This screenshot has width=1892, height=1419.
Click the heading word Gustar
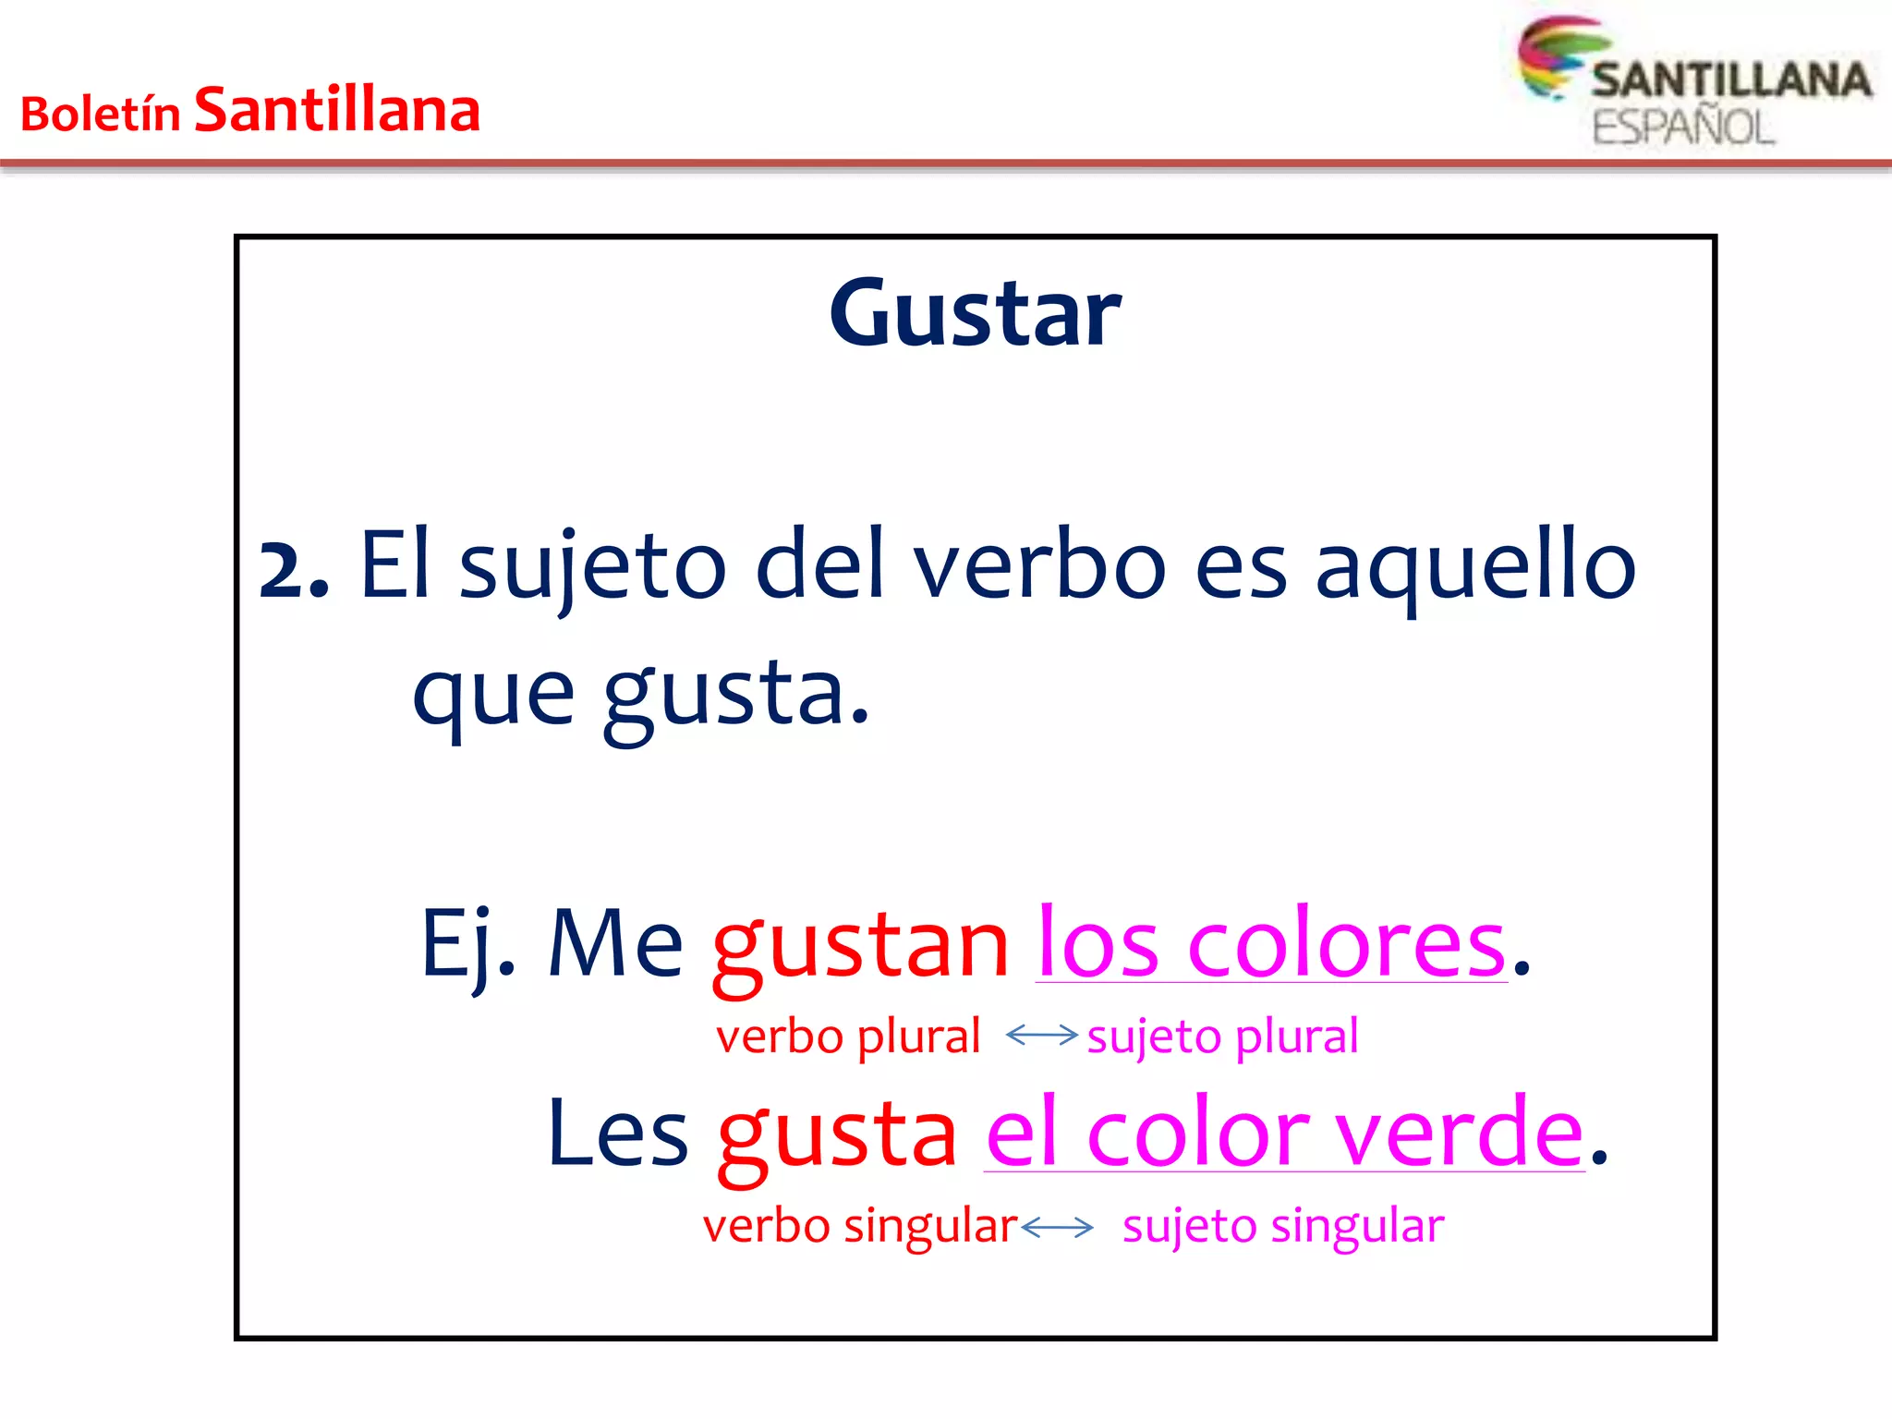tap(975, 314)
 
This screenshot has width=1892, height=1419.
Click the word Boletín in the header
tap(100, 115)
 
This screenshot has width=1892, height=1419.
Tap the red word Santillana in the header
tap(337, 111)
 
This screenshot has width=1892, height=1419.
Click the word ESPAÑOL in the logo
tap(1683, 127)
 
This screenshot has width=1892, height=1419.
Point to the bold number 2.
tap(294, 570)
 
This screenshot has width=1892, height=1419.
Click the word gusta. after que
tap(736, 695)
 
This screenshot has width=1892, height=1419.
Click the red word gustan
tap(861, 946)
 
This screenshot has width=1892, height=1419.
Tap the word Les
tap(617, 1134)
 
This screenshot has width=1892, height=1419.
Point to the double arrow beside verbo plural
tap(1041, 1035)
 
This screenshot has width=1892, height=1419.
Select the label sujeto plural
tap(1222, 1037)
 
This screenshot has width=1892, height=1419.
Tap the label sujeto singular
tap(1282, 1227)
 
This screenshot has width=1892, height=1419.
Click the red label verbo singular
tap(859, 1227)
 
